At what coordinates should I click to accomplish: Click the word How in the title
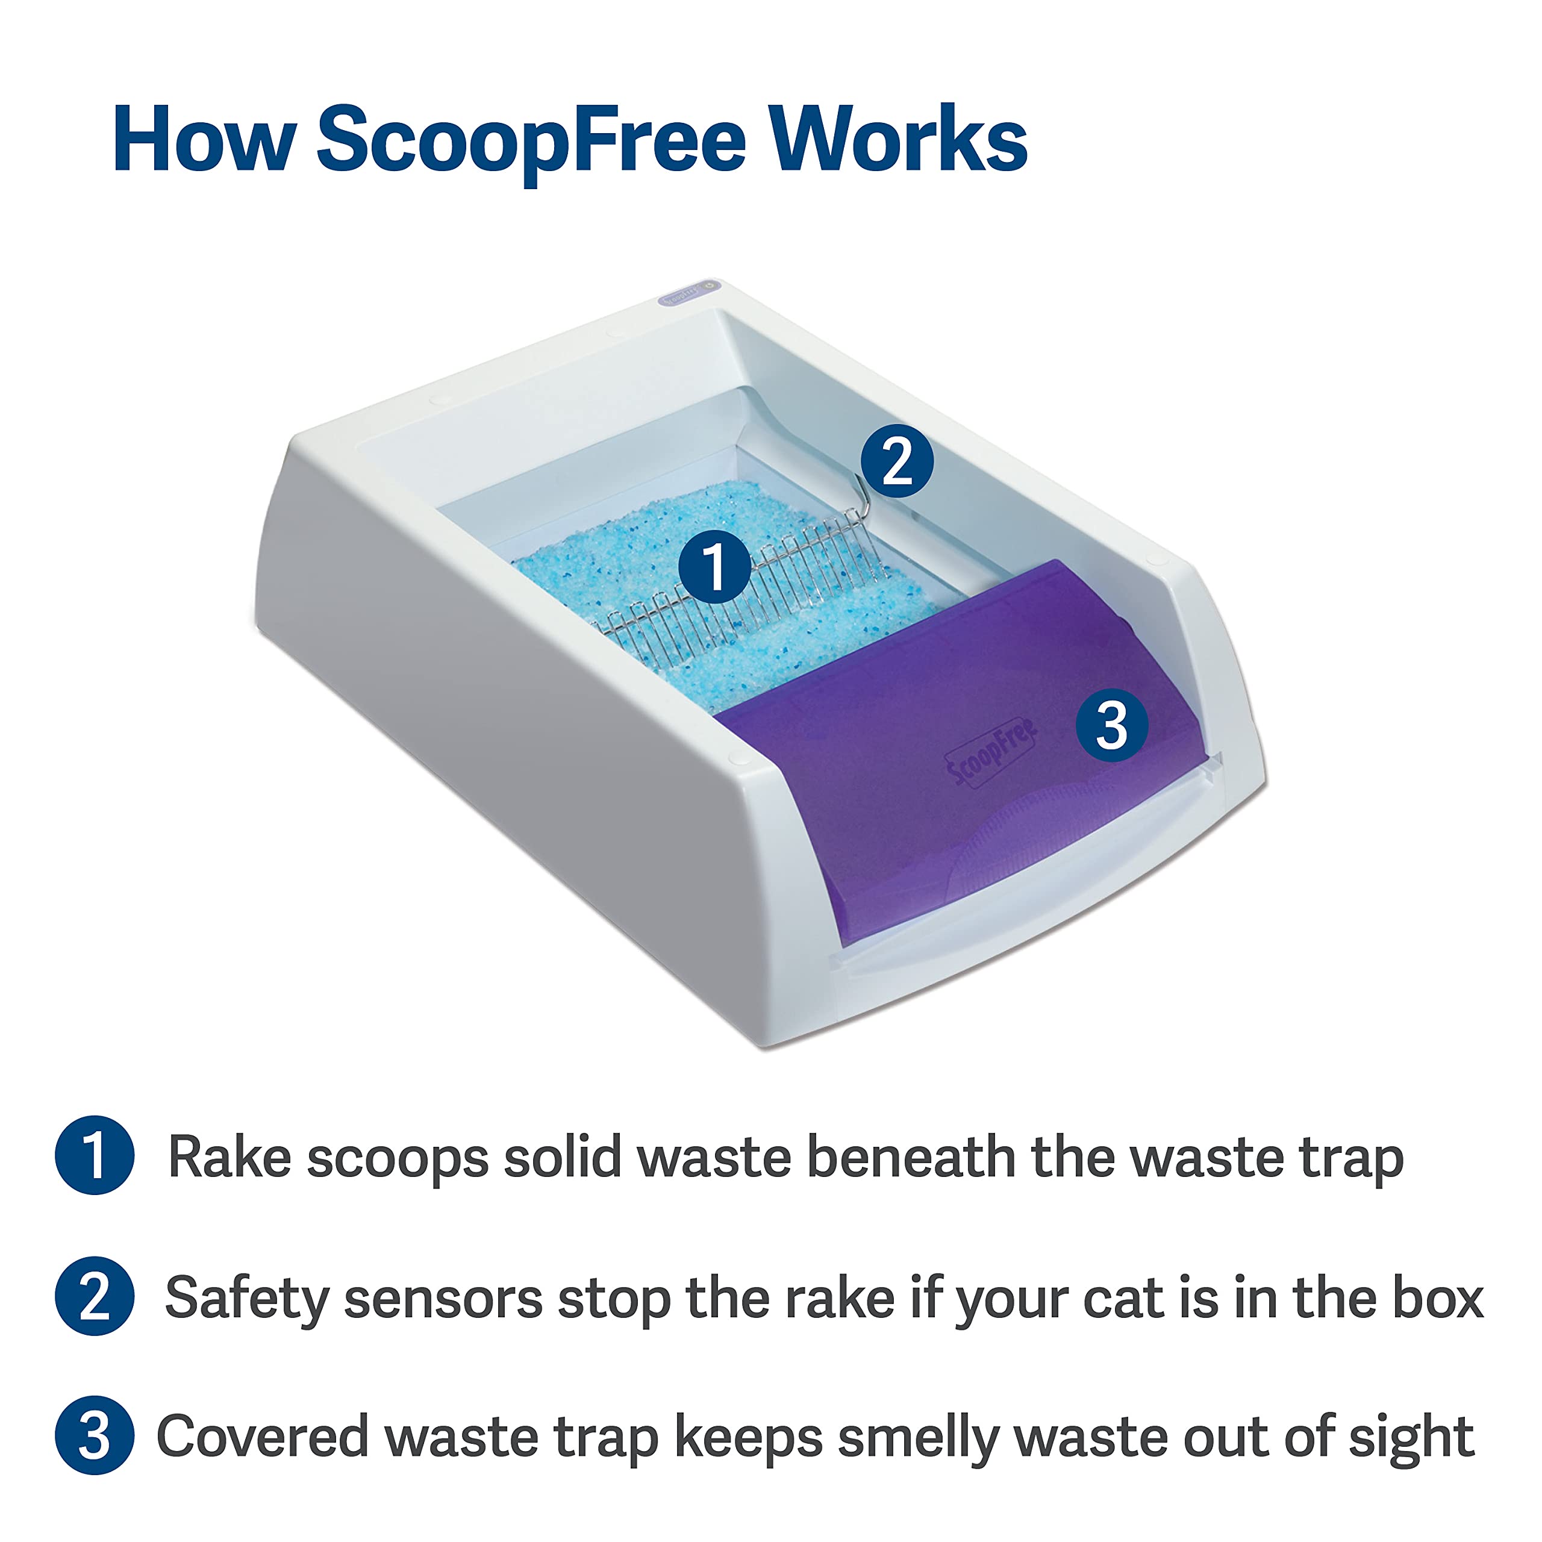coord(204,140)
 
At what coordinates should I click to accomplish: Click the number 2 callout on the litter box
coord(897,461)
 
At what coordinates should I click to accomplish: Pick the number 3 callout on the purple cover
coord(1112,725)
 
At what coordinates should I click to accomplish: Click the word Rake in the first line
coord(229,1156)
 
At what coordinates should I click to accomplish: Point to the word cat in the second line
coord(1122,1299)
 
